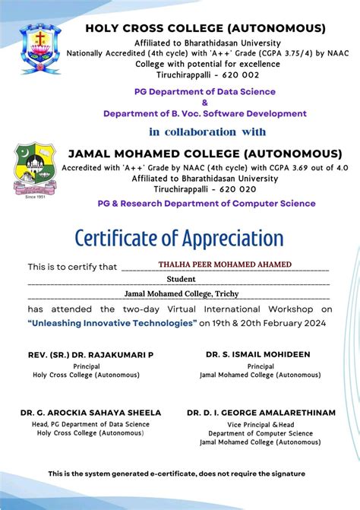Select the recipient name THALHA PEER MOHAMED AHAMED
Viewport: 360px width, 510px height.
pos(225,265)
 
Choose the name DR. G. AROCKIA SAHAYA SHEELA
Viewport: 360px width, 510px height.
pos(90,413)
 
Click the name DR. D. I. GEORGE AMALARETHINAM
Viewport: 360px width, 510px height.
pos(261,413)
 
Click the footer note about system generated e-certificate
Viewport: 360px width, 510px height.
pos(176,474)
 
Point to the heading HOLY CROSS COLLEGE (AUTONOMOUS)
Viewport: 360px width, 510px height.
pos(206,28)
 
